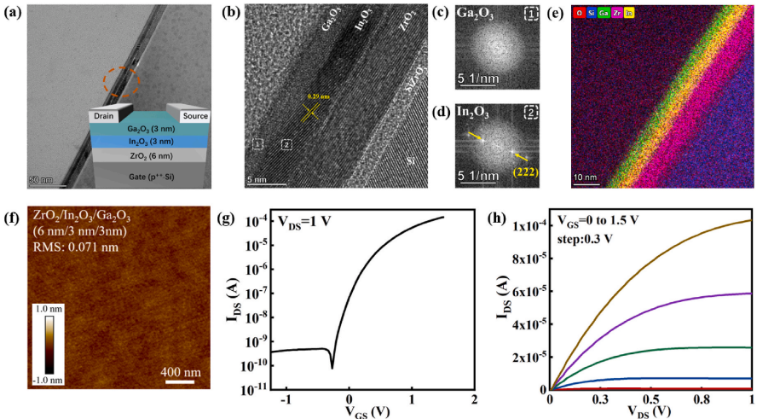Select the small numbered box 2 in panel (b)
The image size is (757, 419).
tap(287, 145)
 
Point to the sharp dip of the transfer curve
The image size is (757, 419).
tap(332, 368)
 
